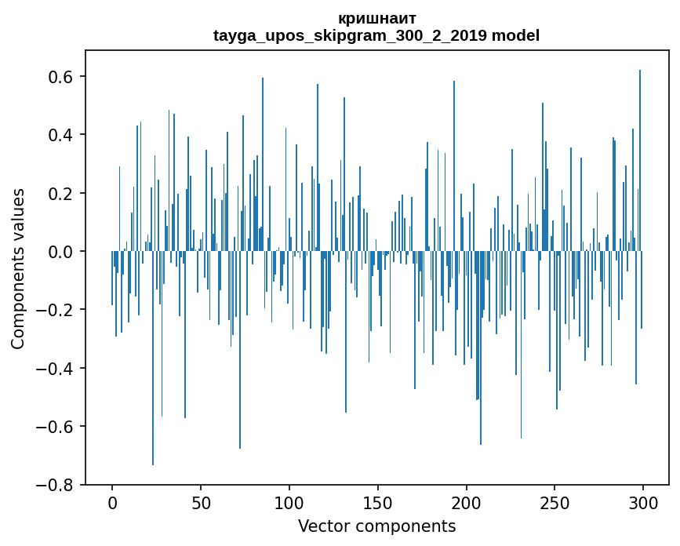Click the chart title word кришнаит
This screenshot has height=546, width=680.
pyautogui.click(x=376, y=18)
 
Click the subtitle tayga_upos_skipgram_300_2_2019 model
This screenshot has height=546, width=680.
pyautogui.click(x=376, y=35)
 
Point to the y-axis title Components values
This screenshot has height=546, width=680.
pyautogui.click(x=18, y=268)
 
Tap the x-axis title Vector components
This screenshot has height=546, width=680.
pyautogui.click(x=376, y=526)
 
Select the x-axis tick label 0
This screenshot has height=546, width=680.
pyautogui.click(x=112, y=502)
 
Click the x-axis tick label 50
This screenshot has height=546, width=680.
pyautogui.click(x=201, y=502)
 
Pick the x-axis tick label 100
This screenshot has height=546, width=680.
pyautogui.click(x=289, y=502)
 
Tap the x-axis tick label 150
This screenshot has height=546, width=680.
pyautogui.click(x=378, y=502)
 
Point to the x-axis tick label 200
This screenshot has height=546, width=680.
pyautogui.click(x=467, y=502)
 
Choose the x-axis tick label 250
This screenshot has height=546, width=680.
pyautogui.click(x=555, y=502)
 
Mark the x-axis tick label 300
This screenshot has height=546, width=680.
pyautogui.click(x=643, y=502)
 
